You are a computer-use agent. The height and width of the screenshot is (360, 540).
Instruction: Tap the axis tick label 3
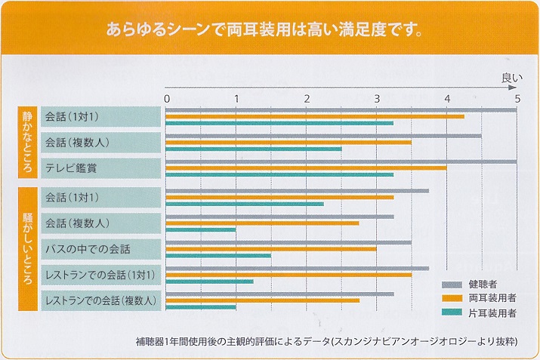point(377,98)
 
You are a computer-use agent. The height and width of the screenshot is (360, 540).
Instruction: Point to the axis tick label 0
point(167,98)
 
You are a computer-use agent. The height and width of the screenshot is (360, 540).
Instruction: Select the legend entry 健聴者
point(483,284)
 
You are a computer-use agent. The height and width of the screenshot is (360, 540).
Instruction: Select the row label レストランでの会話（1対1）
point(100,274)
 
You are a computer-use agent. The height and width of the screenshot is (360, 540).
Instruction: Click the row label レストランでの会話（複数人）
point(101,300)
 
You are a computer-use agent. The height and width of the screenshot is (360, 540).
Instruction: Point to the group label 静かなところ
point(28,142)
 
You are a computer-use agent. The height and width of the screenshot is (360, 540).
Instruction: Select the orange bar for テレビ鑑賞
point(306,168)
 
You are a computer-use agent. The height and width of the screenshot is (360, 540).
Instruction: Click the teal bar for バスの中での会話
point(218,255)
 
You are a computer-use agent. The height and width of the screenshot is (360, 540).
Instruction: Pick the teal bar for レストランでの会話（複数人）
point(201,306)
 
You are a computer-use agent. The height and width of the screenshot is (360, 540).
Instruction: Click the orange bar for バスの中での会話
point(271,248)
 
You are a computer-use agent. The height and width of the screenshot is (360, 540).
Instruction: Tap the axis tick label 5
point(517,98)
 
